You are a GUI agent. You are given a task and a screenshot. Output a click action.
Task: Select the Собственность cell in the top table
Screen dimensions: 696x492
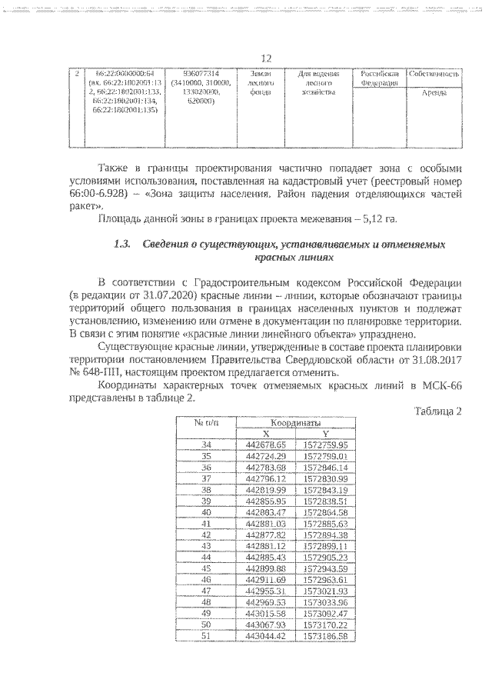434,74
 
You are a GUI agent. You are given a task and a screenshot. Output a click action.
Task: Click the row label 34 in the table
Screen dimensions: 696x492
205,445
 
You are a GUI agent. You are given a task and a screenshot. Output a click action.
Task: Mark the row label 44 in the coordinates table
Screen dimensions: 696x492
205,556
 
